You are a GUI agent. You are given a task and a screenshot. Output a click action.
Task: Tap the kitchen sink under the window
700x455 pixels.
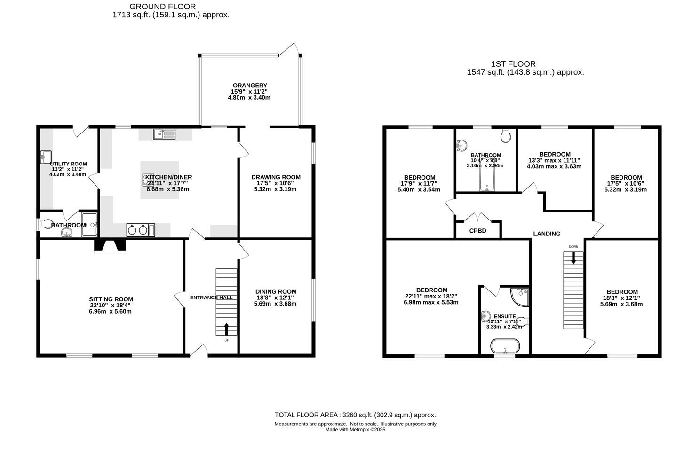point(164,134)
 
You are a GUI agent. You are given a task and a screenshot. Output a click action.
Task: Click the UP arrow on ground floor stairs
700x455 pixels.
point(226,329)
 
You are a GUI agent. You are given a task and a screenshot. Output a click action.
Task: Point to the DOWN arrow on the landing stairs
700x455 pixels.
point(573,258)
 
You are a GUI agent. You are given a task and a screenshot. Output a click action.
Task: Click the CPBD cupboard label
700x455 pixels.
point(477,231)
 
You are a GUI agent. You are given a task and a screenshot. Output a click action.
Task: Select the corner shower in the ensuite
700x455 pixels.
point(520,296)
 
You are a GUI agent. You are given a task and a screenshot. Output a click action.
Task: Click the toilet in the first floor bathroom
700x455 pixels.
point(506,136)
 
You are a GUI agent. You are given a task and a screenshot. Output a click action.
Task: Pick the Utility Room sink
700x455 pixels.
point(47,155)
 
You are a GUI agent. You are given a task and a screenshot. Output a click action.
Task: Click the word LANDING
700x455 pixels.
point(547,234)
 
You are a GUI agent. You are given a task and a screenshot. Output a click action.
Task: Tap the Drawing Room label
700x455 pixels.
point(276,177)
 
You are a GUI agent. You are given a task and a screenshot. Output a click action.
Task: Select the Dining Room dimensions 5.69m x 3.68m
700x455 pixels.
point(276,304)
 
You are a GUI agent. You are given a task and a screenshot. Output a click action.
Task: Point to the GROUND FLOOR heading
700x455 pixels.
point(162,7)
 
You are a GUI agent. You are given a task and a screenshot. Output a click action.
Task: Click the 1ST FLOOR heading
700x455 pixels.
point(513,64)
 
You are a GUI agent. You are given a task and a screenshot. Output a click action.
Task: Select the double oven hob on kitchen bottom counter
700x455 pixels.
point(141,230)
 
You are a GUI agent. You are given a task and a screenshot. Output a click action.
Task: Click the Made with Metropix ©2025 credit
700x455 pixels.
point(355,430)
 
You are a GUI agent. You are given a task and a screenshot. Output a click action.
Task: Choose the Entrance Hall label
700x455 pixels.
point(211,298)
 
